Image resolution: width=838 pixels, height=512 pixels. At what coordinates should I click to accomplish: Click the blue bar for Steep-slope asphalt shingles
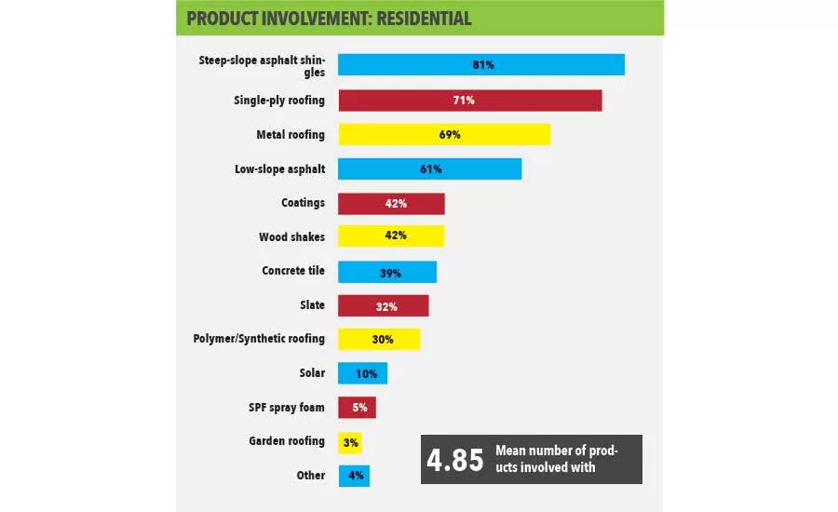pyautogui.click(x=480, y=65)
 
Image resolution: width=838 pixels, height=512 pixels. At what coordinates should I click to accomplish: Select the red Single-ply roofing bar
pyautogui.click(x=469, y=100)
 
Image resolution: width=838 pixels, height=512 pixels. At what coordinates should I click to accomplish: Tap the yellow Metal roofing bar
pyautogui.click(x=443, y=134)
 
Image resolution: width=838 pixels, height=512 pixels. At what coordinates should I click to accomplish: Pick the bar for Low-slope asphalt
pyautogui.click(x=429, y=168)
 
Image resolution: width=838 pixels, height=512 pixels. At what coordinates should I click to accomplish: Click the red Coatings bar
pyautogui.click(x=391, y=203)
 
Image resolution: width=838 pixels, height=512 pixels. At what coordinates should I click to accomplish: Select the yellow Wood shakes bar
pyautogui.click(x=391, y=236)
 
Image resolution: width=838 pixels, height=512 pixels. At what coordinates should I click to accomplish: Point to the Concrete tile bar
pyautogui.click(x=386, y=272)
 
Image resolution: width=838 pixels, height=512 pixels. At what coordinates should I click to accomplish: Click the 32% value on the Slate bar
pyautogui.click(x=386, y=305)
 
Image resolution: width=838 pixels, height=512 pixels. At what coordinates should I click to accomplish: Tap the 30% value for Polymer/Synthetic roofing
pyautogui.click(x=382, y=339)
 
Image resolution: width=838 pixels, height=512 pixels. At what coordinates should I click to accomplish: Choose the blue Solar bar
pyautogui.click(x=362, y=373)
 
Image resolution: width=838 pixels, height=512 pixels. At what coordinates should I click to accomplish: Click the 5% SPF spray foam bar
pyautogui.click(x=357, y=408)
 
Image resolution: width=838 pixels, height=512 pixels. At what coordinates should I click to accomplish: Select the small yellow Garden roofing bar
pyautogui.click(x=350, y=442)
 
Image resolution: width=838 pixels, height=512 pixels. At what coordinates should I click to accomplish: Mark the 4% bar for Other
pyautogui.click(x=354, y=476)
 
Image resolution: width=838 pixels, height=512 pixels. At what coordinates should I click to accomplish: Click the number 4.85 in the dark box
pyautogui.click(x=455, y=460)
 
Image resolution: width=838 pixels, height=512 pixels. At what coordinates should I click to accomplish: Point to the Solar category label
pyautogui.click(x=311, y=373)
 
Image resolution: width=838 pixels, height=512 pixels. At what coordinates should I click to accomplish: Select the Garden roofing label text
pyautogui.click(x=291, y=441)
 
